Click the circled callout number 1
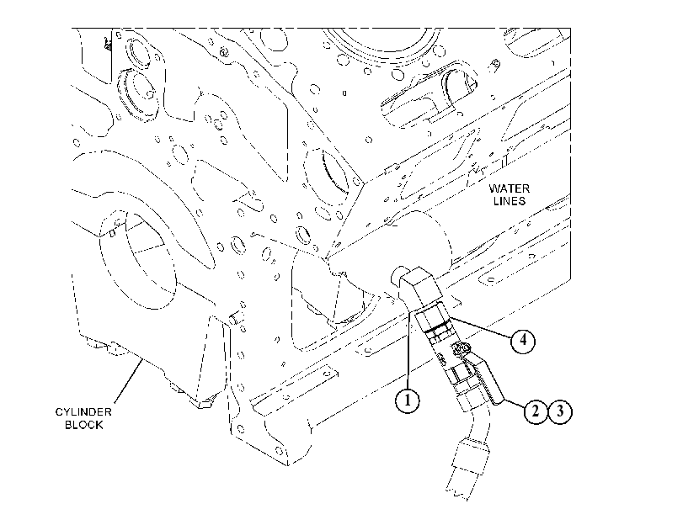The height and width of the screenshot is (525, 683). click(408, 400)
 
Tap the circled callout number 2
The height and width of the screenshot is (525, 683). click(535, 411)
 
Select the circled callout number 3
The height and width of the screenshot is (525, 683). click(560, 411)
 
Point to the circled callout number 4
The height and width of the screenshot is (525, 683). click(523, 341)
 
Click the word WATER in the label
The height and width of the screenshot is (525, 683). click(510, 188)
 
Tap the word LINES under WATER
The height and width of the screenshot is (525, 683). click(510, 201)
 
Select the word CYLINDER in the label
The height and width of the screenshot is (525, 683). click(83, 411)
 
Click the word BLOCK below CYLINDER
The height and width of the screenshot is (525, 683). click(83, 425)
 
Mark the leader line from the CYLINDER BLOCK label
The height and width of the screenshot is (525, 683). click(129, 381)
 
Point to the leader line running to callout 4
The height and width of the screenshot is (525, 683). click(481, 328)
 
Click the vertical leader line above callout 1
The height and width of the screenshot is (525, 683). click(408, 349)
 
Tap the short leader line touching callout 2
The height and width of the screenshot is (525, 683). click(513, 403)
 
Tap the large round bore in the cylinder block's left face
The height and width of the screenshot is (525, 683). click(137, 260)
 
